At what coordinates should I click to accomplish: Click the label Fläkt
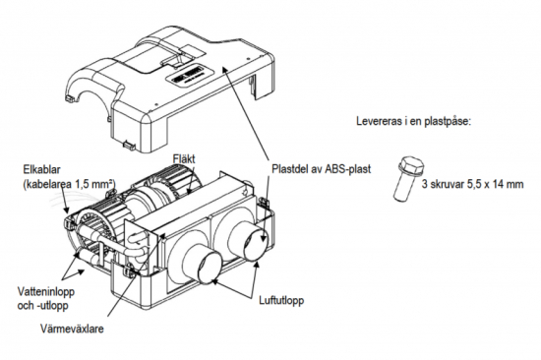183,159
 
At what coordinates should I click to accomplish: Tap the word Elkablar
41,170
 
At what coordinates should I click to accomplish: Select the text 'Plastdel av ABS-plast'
322,169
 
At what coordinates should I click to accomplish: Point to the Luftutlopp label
281,300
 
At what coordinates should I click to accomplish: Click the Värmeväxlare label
72,329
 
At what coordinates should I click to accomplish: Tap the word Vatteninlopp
46,292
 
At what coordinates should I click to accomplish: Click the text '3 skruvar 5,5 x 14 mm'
472,184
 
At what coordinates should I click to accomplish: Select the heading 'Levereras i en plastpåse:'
413,121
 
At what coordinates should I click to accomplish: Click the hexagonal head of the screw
411,165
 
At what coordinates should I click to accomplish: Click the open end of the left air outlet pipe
208,268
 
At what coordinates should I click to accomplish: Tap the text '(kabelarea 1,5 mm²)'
69,184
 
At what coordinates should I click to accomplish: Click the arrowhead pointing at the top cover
224,68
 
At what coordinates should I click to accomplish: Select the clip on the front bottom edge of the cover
130,144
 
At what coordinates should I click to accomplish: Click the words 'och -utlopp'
42,306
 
